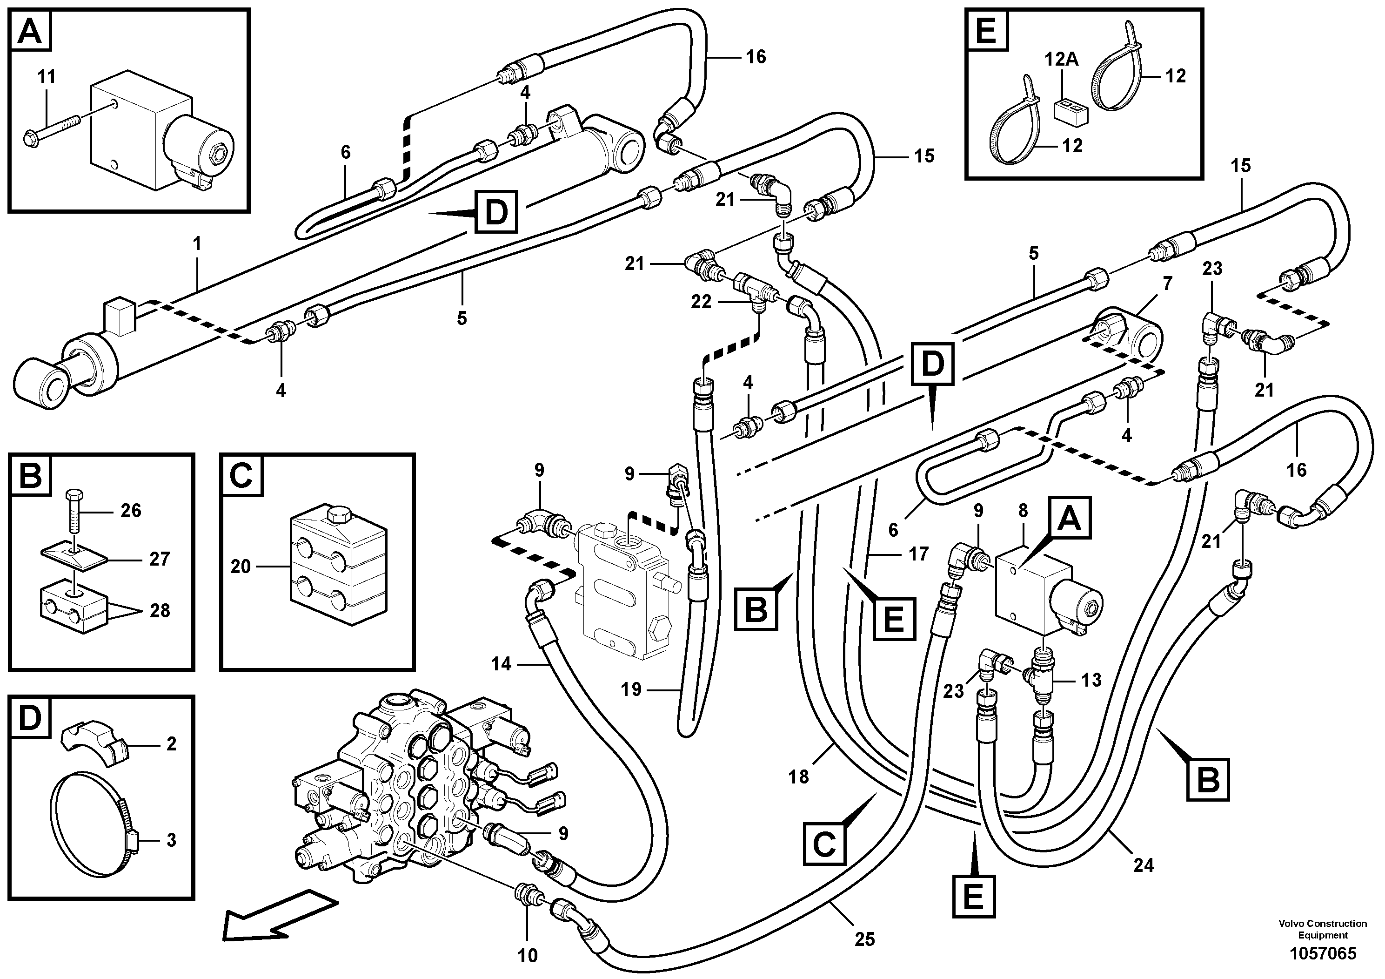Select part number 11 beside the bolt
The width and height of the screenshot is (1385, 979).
pyautogui.click(x=47, y=77)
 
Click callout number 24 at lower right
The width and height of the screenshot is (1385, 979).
pyautogui.click(x=1143, y=865)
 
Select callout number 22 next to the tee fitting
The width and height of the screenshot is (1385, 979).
pyautogui.click(x=701, y=302)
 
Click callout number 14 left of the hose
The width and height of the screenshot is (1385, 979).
pyautogui.click(x=501, y=664)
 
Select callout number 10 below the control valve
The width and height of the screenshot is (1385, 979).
pyautogui.click(x=528, y=955)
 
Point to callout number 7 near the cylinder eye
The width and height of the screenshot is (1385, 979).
pyautogui.click(x=1167, y=284)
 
